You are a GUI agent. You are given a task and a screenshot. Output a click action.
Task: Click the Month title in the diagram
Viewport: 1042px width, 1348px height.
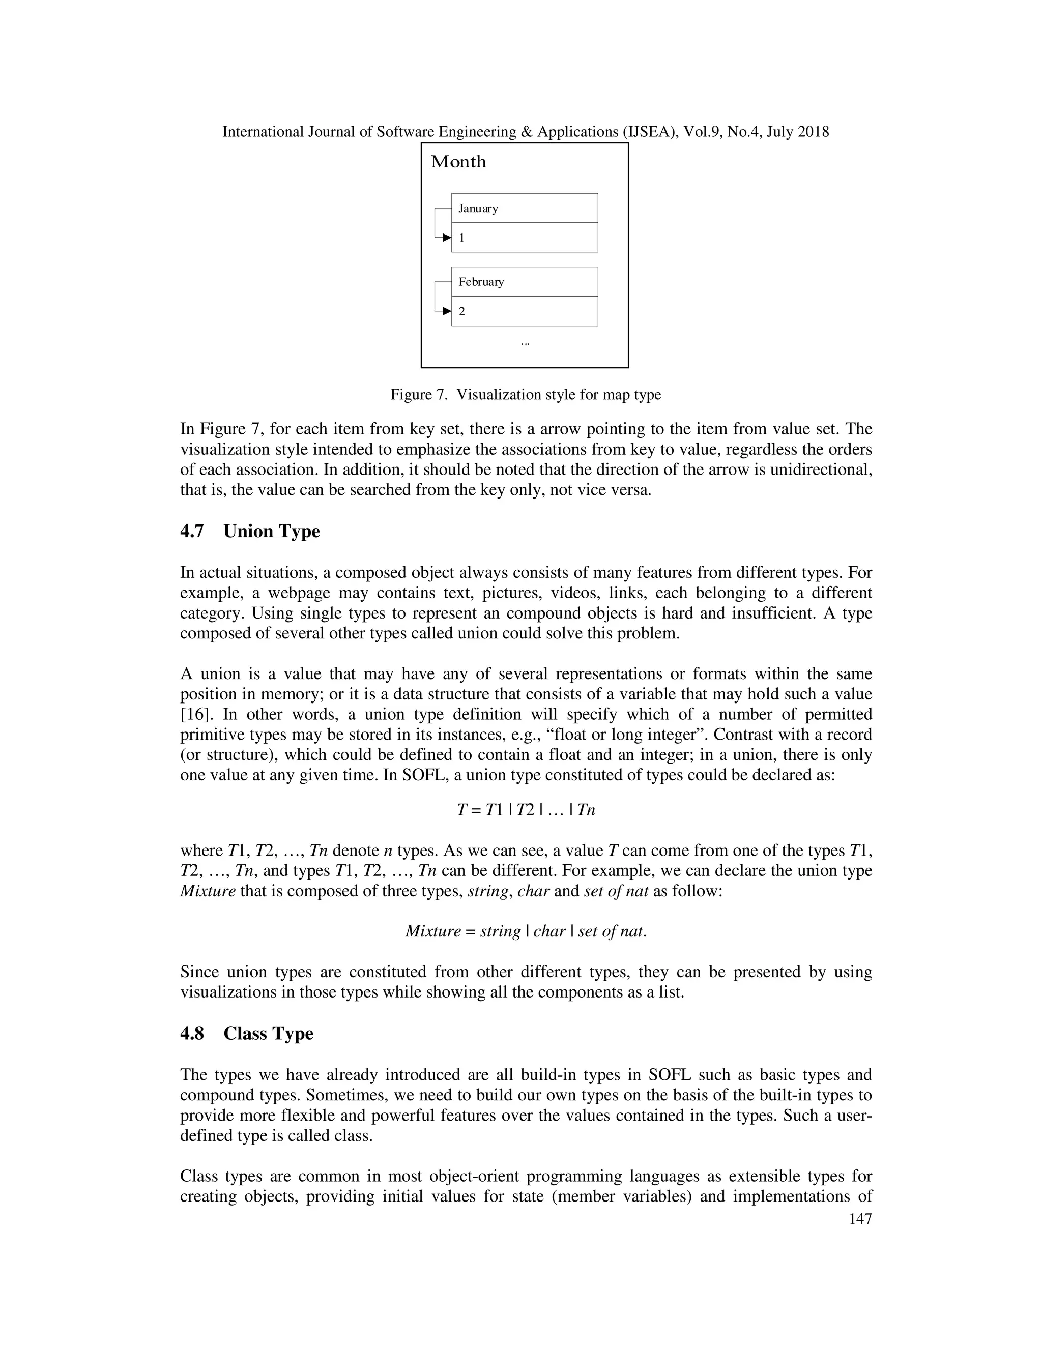pyautogui.click(x=458, y=162)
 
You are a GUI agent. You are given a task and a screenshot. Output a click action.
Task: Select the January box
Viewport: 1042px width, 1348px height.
pyautogui.click(x=524, y=208)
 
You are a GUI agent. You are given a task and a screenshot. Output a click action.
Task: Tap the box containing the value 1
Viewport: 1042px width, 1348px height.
pyautogui.click(x=524, y=238)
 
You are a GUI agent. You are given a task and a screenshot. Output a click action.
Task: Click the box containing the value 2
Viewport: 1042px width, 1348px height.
pyautogui.click(x=524, y=311)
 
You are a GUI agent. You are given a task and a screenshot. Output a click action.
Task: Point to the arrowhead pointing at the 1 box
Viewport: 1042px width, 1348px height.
pyautogui.click(x=447, y=238)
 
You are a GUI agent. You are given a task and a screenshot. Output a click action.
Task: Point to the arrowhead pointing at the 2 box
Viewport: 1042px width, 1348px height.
pyautogui.click(x=447, y=311)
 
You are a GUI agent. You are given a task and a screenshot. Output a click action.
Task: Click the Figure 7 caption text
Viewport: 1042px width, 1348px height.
pyautogui.click(x=525, y=394)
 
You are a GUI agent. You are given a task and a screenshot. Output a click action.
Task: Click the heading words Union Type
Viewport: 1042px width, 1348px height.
pyautogui.click(x=272, y=532)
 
